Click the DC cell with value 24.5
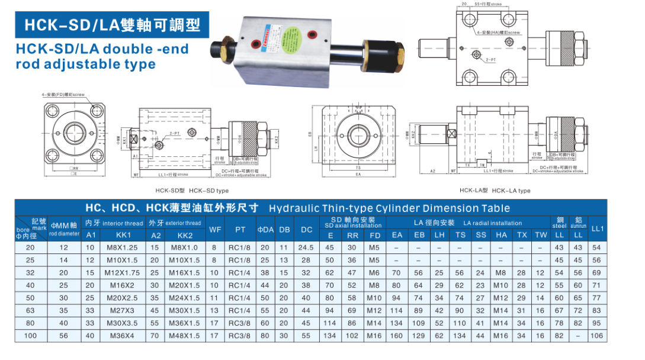[x=306, y=247]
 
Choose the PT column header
[x=240, y=229]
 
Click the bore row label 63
[x=31, y=310]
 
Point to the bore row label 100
[x=31, y=336]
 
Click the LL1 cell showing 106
[x=597, y=336]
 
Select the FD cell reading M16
[x=374, y=336]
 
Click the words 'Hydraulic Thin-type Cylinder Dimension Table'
[x=389, y=208]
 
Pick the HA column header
[x=501, y=235]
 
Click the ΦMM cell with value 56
[x=63, y=336]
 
